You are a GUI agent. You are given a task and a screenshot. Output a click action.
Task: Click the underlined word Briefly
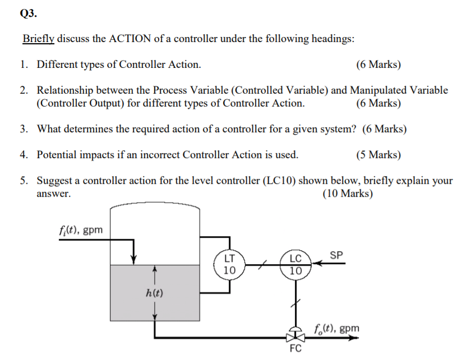[39, 39]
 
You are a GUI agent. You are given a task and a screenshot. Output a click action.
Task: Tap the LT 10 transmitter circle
[229, 264]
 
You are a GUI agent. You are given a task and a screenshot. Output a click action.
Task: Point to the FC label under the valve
[295, 348]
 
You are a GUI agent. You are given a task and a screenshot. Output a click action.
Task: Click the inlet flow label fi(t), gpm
[80, 229]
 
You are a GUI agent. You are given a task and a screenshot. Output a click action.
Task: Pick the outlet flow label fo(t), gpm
[336, 327]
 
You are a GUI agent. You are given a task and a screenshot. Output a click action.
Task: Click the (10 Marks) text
[348, 193]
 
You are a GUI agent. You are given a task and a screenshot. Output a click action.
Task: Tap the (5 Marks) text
[378, 155]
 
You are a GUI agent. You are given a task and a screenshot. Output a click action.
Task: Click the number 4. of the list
[25, 155]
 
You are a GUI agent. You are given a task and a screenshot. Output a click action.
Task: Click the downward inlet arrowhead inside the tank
[133, 259]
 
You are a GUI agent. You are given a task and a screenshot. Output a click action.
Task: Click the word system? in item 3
[337, 129]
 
